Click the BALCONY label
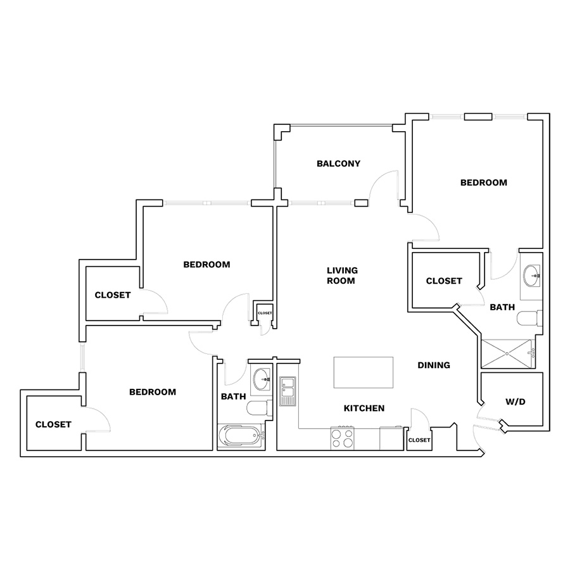pyautogui.click(x=338, y=163)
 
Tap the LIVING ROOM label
pyautogui.click(x=342, y=275)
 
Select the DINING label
pyautogui.click(x=434, y=365)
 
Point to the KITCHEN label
pyautogui.click(x=364, y=408)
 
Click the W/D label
pyautogui.click(x=516, y=402)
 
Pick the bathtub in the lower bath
pyautogui.click(x=241, y=436)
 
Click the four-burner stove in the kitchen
pyautogui.click(x=342, y=438)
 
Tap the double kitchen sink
pyautogui.click(x=288, y=391)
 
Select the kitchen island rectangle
pyautogui.click(x=363, y=372)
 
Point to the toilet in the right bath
pyautogui.click(x=529, y=319)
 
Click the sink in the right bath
pyautogui.click(x=531, y=275)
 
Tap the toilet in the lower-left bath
pyautogui.click(x=260, y=408)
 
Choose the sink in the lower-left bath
pyautogui.click(x=262, y=379)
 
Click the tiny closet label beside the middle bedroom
pyautogui.click(x=265, y=313)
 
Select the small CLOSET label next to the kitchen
pyautogui.click(x=419, y=440)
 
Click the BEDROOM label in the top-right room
pyautogui.click(x=483, y=182)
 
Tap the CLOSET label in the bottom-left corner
pyautogui.click(x=53, y=424)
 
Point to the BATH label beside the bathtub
pyautogui.click(x=233, y=396)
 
